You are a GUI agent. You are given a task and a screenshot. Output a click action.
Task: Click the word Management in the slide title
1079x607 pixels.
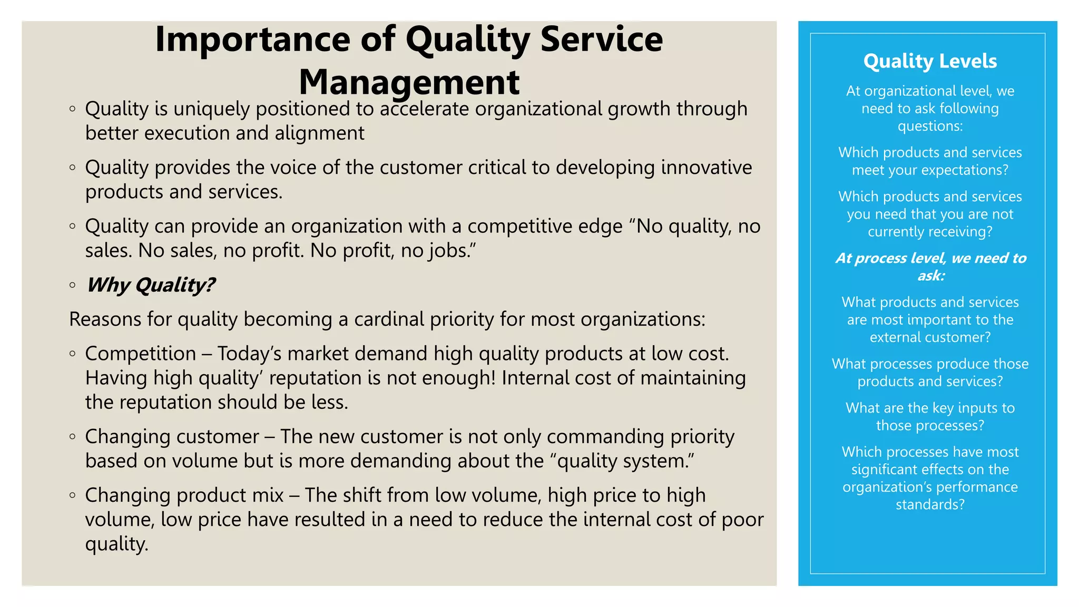coord(409,82)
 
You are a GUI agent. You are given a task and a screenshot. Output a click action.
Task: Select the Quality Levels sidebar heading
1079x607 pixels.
coord(930,61)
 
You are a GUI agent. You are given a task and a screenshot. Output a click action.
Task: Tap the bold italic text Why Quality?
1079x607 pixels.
coord(151,285)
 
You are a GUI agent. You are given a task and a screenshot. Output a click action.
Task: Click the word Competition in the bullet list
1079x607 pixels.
coord(141,354)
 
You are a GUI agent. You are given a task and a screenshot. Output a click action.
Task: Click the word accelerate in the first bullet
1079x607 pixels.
coord(424,109)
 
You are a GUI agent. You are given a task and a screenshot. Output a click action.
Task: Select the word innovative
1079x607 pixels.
coord(707,168)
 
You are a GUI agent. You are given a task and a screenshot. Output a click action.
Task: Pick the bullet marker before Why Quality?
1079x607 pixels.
coord(73,286)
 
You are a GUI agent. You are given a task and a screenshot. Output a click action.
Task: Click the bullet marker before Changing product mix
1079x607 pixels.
coord(73,495)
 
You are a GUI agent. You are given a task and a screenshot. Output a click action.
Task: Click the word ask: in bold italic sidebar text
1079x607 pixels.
coord(931,276)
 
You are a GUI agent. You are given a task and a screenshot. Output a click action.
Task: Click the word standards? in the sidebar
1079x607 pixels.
coord(930,505)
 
